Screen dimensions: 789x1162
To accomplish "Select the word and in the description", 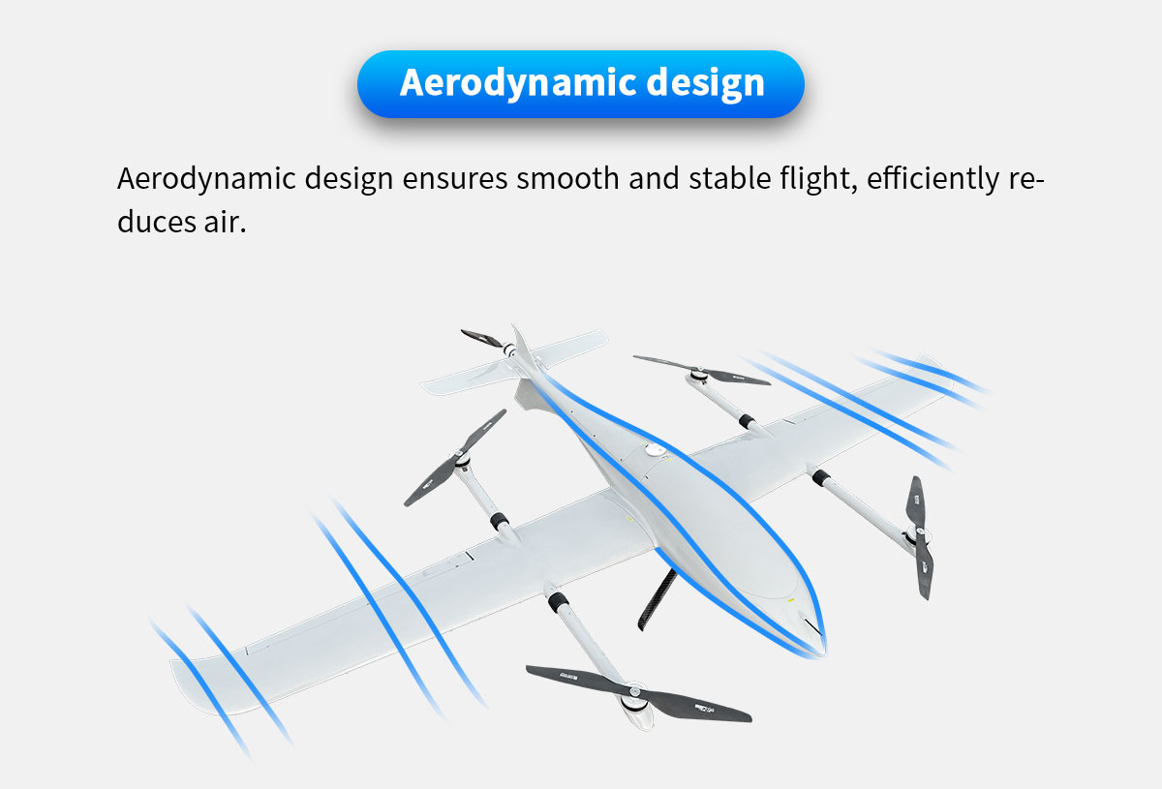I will [x=652, y=180].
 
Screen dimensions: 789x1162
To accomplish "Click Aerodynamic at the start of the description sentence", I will [x=205, y=180].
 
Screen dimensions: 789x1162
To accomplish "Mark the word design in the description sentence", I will [x=349, y=180].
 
